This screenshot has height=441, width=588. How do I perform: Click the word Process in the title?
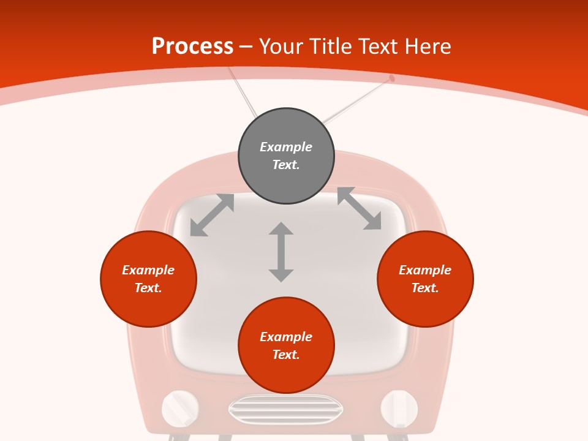coord(192,47)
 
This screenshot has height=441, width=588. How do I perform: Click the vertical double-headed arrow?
coord(281,252)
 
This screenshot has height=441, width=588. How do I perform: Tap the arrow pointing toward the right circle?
coord(360,209)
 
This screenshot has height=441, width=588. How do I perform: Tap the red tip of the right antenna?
coord(392,78)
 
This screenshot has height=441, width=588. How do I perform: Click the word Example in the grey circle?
coord(286,147)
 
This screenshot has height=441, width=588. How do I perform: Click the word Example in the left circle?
coord(148,270)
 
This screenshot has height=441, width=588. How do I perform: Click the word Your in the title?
coord(281,47)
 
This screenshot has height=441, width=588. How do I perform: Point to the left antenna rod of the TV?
coord(243,92)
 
